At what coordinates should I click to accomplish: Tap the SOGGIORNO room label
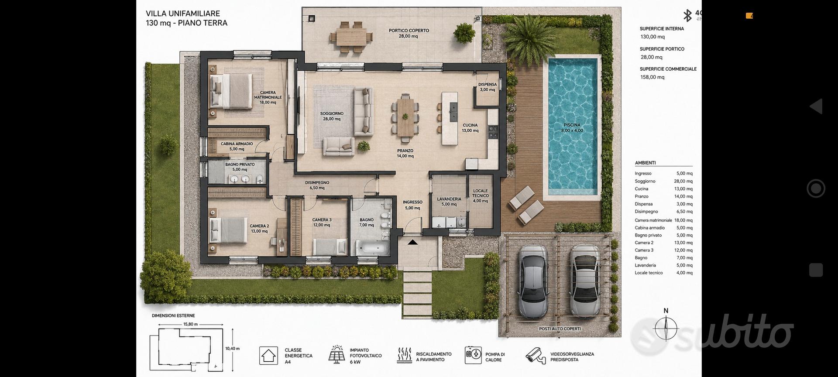[332, 113]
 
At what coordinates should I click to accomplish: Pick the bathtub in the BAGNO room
[372, 248]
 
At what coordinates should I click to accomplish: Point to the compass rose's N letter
[666, 311]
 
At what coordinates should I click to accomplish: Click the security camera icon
[536, 356]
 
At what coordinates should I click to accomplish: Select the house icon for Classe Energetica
[268, 355]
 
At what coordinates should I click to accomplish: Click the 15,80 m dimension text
[190, 324]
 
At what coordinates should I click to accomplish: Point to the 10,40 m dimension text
[232, 349]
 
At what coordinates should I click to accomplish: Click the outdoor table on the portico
[351, 37]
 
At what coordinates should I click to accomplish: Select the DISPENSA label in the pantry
[487, 84]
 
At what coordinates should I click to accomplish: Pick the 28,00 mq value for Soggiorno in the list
[683, 181]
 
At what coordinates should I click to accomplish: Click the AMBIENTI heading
[645, 163]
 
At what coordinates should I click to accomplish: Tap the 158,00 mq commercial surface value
[652, 77]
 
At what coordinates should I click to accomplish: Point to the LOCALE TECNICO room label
[481, 193]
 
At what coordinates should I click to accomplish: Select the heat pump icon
[474, 355]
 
